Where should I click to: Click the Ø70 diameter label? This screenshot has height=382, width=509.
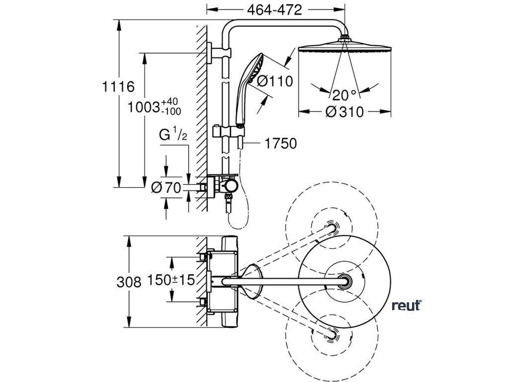tap(166, 188)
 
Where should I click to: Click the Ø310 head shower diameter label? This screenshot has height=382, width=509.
tap(343, 112)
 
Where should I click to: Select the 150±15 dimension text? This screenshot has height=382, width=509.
tap(171, 281)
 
